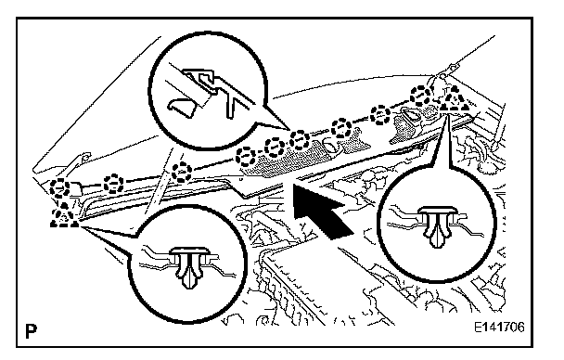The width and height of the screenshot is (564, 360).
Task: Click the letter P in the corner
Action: click(32, 330)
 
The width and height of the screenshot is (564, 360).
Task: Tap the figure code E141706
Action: click(499, 328)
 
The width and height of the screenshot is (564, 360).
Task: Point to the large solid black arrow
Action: click(320, 210)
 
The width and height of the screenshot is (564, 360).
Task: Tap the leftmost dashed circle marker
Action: click(60, 188)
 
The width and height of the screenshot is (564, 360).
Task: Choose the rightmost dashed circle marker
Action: click(421, 96)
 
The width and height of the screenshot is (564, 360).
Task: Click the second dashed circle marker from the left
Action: click(113, 184)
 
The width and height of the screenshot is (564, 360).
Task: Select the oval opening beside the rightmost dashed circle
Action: click(410, 115)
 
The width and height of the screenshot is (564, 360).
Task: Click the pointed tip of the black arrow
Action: click(294, 184)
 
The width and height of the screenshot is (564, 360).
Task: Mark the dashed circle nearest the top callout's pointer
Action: click(300, 141)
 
